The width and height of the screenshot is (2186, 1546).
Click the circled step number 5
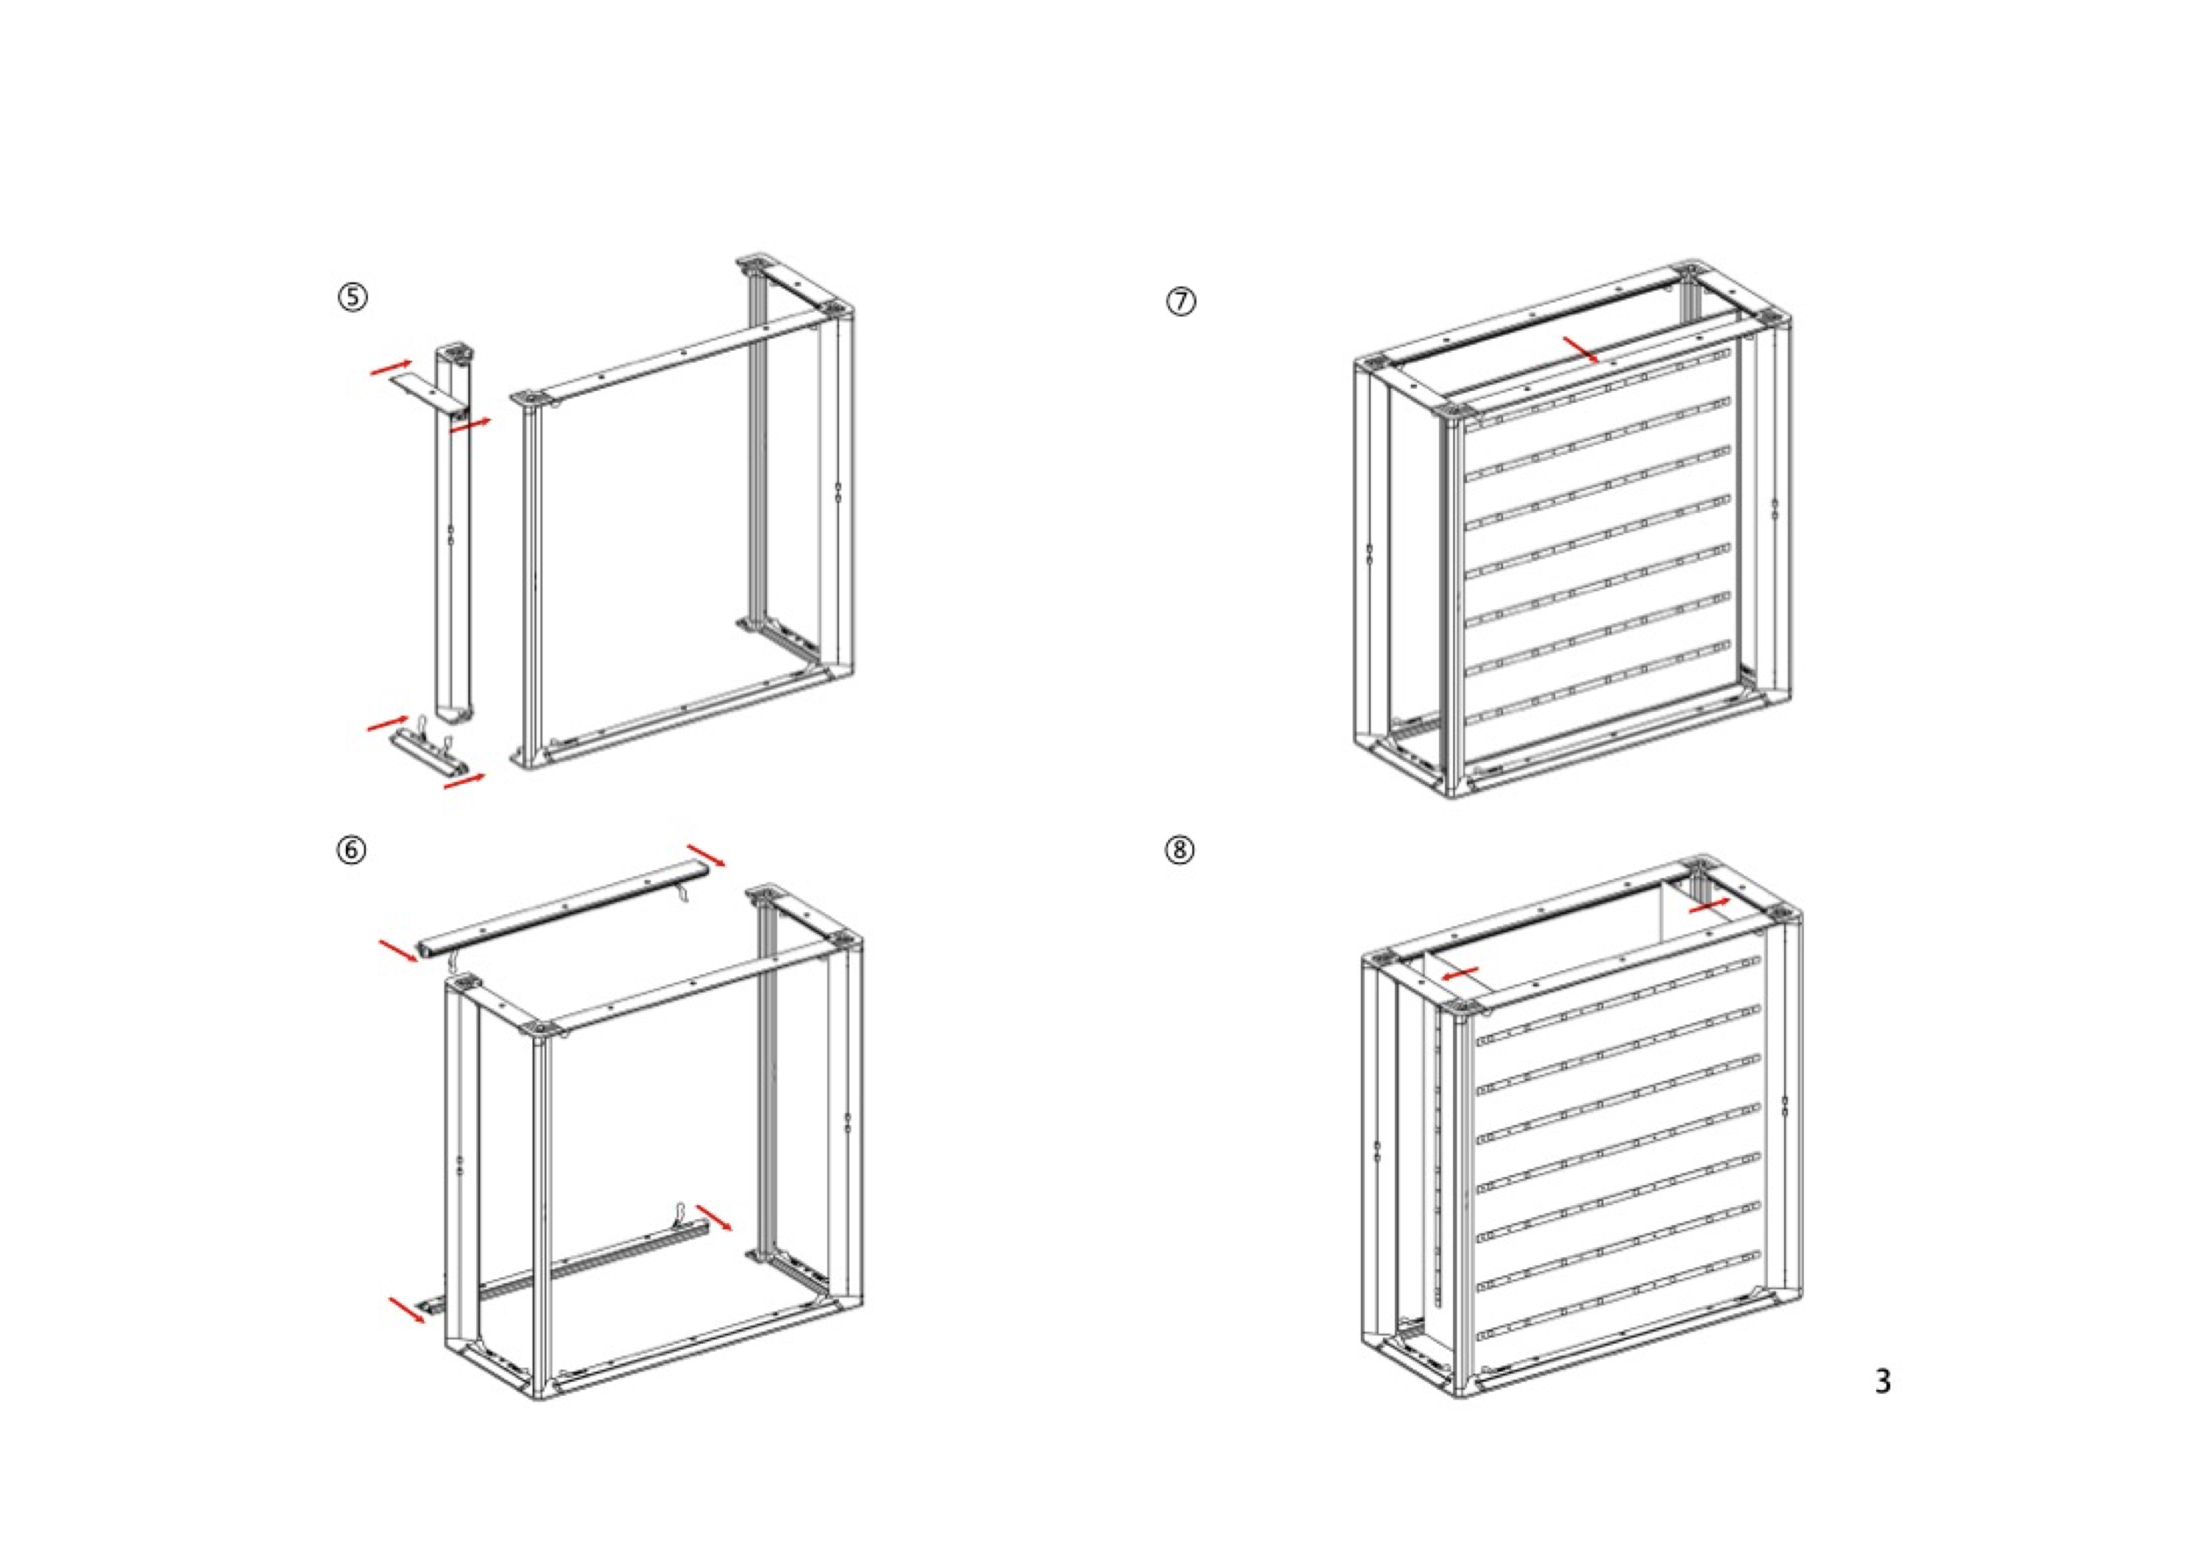pos(353,298)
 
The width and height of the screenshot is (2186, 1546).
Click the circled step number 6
pos(351,849)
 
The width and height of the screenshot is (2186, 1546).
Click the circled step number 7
pos(1181,302)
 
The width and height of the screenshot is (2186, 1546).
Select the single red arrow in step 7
pos(1580,349)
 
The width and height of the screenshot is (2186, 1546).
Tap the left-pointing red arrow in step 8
pos(1459,973)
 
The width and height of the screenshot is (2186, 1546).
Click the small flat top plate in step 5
pos(425,392)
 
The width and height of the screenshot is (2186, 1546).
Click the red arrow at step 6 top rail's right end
pos(707,855)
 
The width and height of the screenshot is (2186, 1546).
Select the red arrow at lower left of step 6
pos(408,1309)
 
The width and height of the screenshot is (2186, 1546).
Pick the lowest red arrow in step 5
pos(464,781)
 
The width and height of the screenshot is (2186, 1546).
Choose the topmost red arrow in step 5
pos(390,367)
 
